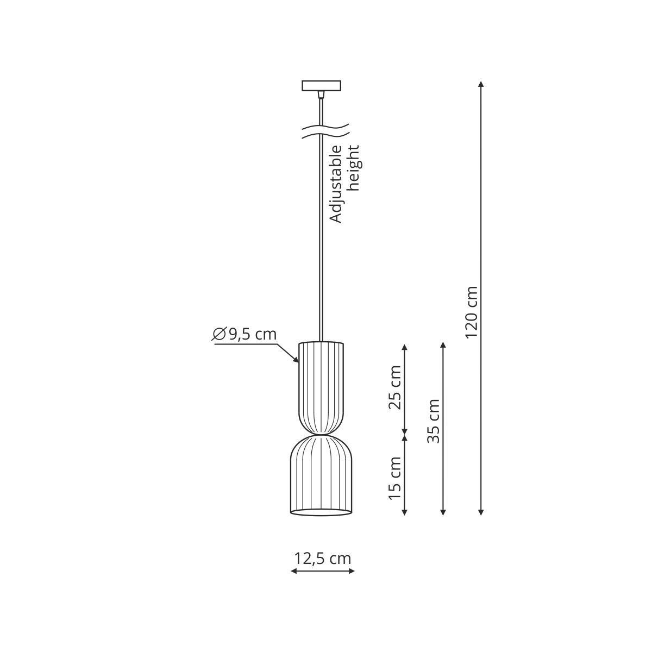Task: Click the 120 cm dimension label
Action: point(471,312)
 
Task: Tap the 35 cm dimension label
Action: point(433,421)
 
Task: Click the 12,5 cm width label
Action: point(322,558)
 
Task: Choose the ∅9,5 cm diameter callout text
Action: point(244,334)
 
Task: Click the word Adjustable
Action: point(337,184)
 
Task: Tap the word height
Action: point(354,168)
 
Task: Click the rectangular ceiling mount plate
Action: point(322,86)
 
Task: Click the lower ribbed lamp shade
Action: point(319,473)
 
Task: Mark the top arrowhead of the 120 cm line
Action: point(481,84)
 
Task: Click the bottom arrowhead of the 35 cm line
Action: point(443,512)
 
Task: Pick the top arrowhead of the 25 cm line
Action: point(404,347)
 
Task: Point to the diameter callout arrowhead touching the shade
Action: point(297,360)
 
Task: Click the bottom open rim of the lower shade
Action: point(319,512)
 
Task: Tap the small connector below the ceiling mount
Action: point(322,96)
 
